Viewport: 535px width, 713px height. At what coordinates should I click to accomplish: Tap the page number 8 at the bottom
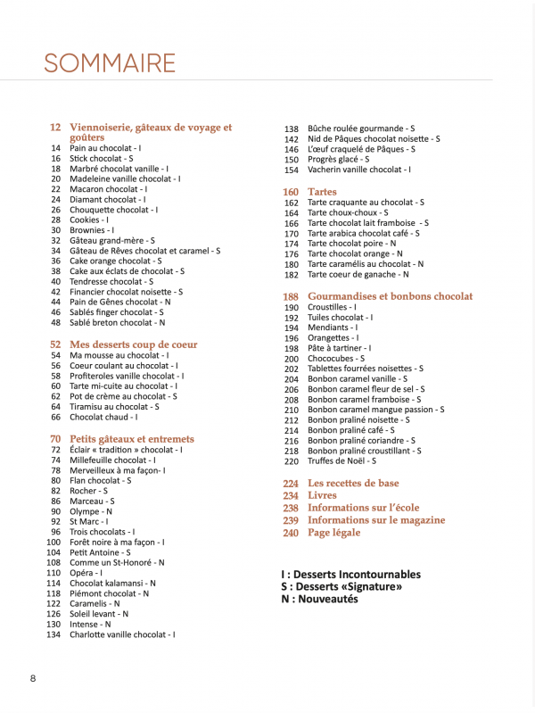click(33, 678)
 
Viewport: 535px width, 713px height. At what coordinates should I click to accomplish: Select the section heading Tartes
click(322, 192)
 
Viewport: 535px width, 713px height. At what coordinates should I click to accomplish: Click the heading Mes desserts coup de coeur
click(133, 344)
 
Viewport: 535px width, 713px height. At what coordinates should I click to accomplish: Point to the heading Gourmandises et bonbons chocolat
click(390, 296)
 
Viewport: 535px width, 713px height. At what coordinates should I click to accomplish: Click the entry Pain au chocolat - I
click(105, 148)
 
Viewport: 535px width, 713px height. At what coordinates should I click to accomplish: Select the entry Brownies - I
click(91, 230)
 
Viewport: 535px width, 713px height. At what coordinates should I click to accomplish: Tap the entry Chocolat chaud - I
click(103, 417)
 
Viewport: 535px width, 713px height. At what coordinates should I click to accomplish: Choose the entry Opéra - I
click(86, 573)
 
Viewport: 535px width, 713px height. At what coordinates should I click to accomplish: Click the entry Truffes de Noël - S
click(342, 461)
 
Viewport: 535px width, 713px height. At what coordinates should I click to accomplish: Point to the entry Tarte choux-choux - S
click(348, 213)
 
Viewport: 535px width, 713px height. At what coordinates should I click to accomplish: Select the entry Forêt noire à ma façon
click(116, 542)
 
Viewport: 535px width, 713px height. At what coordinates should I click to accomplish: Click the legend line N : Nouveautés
click(319, 600)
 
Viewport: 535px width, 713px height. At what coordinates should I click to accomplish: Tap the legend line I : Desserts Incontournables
click(350, 575)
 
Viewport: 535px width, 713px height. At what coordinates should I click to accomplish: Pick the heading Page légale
click(333, 533)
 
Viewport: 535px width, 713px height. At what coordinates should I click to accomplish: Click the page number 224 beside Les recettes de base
click(291, 483)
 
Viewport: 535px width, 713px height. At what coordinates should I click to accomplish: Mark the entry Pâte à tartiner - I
click(339, 348)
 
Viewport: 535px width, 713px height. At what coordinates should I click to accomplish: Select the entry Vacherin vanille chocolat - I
click(359, 170)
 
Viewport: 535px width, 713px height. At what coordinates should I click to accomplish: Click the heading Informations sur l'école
click(363, 508)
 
